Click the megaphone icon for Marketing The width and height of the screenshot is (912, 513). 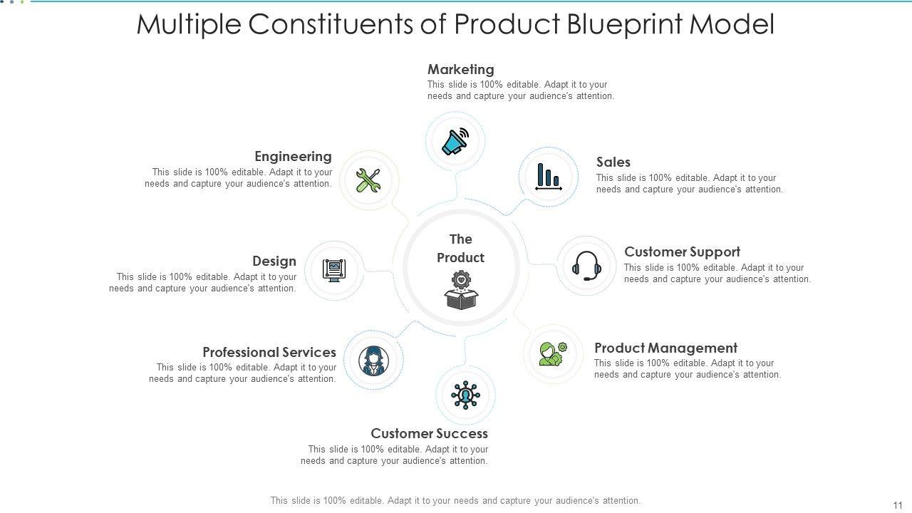click(x=455, y=141)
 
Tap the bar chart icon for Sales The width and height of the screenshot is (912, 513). click(x=548, y=177)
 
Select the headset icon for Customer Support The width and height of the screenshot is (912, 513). click(x=586, y=266)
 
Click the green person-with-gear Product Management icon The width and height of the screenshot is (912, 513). click(x=553, y=353)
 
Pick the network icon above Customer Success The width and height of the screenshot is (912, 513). click(x=465, y=395)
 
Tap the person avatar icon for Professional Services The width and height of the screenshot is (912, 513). click(x=373, y=360)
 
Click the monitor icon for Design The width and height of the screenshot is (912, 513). click(x=334, y=270)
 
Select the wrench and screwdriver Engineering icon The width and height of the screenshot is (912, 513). click(x=368, y=180)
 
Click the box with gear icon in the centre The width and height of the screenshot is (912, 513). click(x=461, y=290)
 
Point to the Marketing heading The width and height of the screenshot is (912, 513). click(x=460, y=69)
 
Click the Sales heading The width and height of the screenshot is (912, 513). click(x=613, y=162)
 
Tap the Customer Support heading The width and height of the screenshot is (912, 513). click(x=682, y=252)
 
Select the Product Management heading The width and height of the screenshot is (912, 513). click(x=665, y=348)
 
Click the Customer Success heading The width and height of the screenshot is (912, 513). click(x=429, y=433)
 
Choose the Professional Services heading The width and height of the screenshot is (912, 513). click(x=269, y=352)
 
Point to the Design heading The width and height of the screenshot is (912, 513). click(x=274, y=261)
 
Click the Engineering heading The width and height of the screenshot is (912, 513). click(x=293, y=156)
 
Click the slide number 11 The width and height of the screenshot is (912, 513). click(x=897, y=504)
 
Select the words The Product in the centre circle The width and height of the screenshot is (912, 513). click(x=460, y=248)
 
